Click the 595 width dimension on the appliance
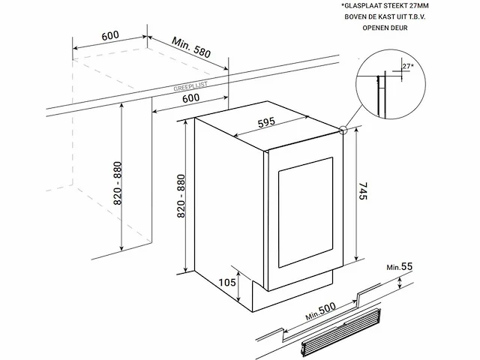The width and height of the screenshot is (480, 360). click(266, 122)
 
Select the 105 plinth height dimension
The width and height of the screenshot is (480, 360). click(227, 282)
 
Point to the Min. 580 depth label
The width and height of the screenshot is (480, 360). click(191, 47)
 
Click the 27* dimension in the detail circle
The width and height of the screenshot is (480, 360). click(408, 66)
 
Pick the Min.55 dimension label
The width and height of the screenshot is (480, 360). click(400, 267)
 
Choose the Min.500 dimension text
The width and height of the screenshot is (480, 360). click(320, 311)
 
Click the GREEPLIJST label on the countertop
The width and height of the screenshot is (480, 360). click(190, 87)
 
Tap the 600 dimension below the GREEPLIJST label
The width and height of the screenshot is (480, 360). click(190, 98)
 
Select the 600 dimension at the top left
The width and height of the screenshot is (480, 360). click(110, 35)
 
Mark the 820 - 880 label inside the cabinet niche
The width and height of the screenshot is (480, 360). click(118, 183)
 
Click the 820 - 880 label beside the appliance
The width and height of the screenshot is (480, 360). click(181, 196)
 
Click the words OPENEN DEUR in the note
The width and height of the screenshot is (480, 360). click(385, 28)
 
